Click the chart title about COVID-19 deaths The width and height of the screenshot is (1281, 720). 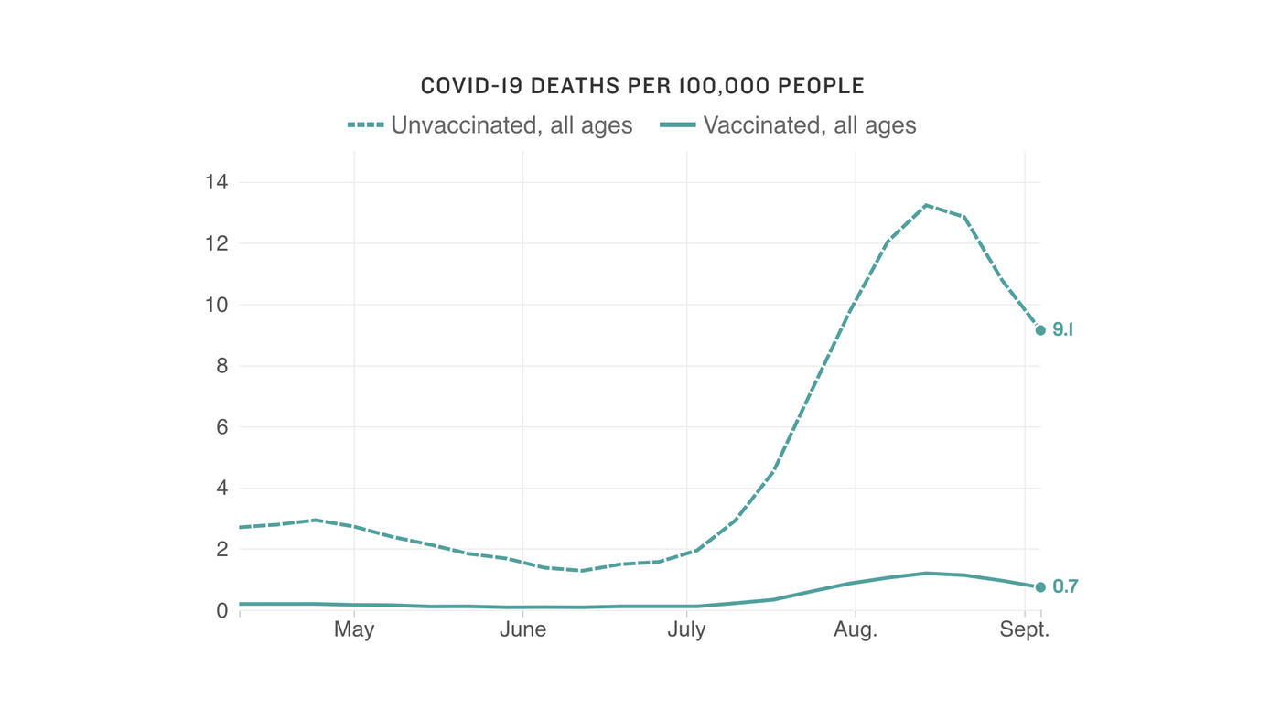[x=642, y=86]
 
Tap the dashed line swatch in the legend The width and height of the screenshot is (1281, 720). [x=365, y=125]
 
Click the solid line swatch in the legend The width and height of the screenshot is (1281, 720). [x=678, y=125]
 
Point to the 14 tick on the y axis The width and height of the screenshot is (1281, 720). [x=216, y=182]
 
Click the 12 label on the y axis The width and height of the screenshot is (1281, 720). [x=216, y=243]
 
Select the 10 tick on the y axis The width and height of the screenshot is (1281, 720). [x=216, y=305]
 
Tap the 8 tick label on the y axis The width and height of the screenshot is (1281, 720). [x=221, y=366]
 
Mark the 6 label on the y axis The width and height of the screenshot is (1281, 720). [x=221, y=427]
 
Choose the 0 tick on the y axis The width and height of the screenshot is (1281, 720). [x=221, y=610]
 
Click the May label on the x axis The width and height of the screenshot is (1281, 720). [x=354, y=630]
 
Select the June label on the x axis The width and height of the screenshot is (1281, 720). [x=522, y=630]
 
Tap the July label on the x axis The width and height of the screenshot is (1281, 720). [x=686, y=630]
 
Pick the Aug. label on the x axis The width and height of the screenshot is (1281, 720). [x=855, y=630]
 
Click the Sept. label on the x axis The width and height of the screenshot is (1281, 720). [x=1025, y=630]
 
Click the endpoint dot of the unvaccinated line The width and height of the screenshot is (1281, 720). [x=1040, y=330]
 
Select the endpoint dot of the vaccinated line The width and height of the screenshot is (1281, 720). [x=1040, y=587]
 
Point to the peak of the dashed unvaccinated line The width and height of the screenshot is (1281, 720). [x=926, y=205]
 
